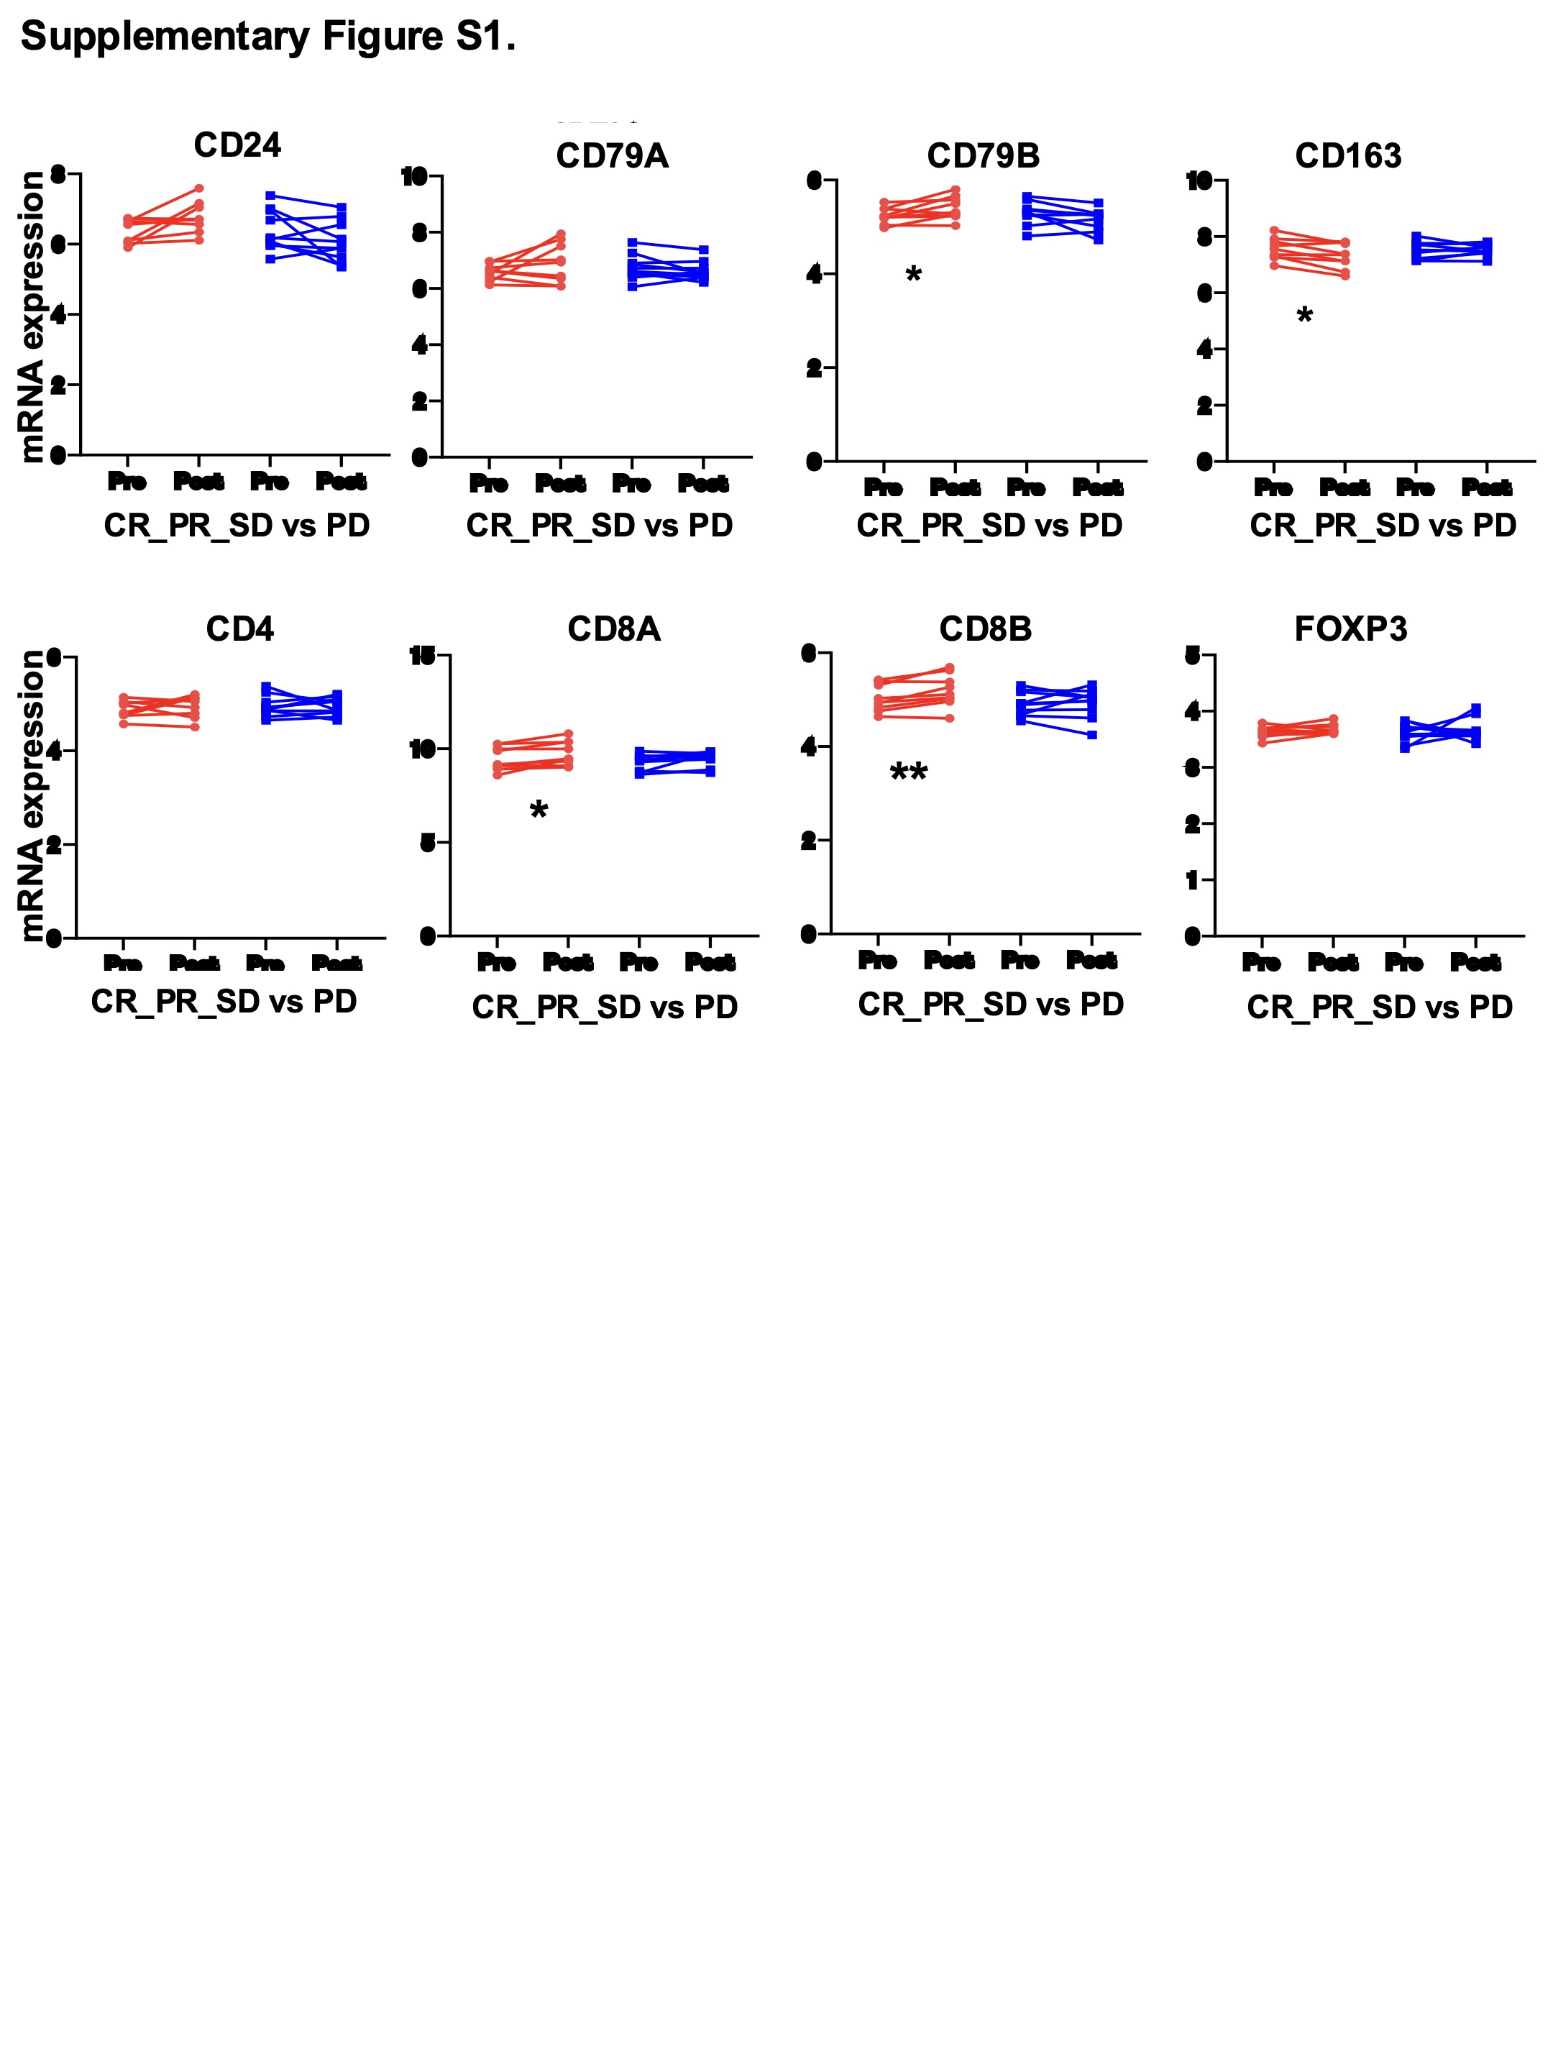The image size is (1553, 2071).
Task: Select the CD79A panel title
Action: pyautogui.click(x=613, y=156)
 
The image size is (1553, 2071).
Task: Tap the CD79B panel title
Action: pyautogui.click(x=983, y=156)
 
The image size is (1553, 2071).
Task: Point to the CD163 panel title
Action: pyautogui.click(x=1348, y=156)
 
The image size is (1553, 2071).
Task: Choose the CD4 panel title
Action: pyautogui.click(x=239, y=629)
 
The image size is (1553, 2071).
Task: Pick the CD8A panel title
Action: pyautogui.click(x=614, y=629)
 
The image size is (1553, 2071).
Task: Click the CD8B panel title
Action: pyautogui.click(x=985, y=629)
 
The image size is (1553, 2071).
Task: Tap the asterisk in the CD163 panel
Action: pyautogui.click(x=1304, y=316)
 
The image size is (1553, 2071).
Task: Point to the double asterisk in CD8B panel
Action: pyautogui.click(x=908, y=773)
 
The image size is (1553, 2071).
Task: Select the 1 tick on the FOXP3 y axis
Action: pyautogui.click(x=1191, y=880)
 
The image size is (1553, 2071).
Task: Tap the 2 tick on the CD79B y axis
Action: pyautogui.click(x=813, y=368)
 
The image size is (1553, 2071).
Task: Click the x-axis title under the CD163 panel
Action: pyautogui.click(x=1383, y=526)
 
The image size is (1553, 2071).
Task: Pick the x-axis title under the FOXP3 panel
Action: pyautogui.click(x=1380, y=1007)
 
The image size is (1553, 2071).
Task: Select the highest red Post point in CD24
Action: pyautogui.click(x=199, y=188)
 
